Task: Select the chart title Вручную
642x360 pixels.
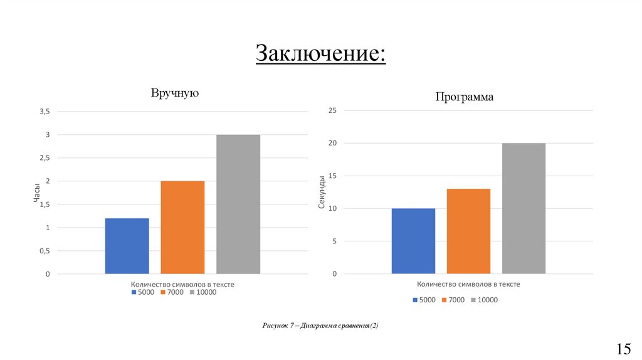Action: pyautogui.click(x=174, y=93)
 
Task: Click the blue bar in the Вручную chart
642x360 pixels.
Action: pyautogui.click(x=127, y=246)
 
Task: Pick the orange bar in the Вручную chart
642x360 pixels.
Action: pyautogui.click(x=182, y=227)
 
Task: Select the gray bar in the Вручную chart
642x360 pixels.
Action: pyautogui.click(x=238, y=204)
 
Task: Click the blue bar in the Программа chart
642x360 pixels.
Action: pyautogui.click(x=413, y=241)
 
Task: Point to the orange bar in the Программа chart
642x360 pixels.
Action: pyautogui.click(x=468, y=231)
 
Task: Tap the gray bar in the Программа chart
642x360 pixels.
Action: pyautogui.click(x=524, y=208)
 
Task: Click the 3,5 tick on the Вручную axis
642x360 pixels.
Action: pyautogui.click(x=44, y=112)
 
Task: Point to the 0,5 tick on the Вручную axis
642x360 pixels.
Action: pyautogui.click(x=44, y=251)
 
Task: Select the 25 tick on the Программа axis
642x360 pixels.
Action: pyautogui.click(x=332, y=111)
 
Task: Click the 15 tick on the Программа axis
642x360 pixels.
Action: pyautogui.click(x=332, y=176)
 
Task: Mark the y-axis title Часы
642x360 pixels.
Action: pyautogui.click(x=36, y=193)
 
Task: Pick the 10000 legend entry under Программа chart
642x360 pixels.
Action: pyautogui.click(x=484, y=300)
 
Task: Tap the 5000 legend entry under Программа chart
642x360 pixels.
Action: pyautogui.click(x=424, y=300)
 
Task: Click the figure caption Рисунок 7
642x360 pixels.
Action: pyautogui.click(x=320, y=326)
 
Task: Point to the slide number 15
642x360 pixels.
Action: pyautogui.click(x=624, y=349)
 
